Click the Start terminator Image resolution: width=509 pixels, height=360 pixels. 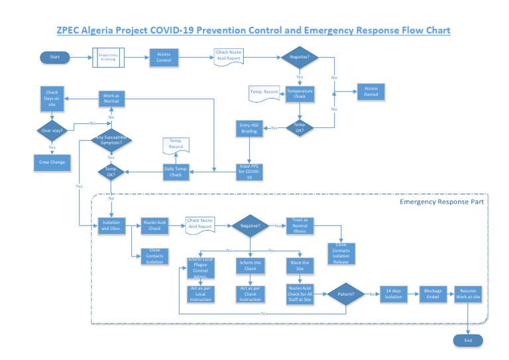click(x=55, y=58)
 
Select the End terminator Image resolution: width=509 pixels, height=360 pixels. click(x=468, y=340)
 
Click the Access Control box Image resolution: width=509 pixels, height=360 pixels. click(x=164, y=58)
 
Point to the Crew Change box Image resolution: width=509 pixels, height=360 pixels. click(x=52, y=162)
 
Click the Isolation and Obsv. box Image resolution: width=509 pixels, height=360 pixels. click(x=111, y=225)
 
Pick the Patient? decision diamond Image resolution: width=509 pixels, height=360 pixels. click(x=346, y=293)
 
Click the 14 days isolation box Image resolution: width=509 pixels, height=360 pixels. click(x=393, y=293)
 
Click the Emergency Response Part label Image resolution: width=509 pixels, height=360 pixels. click(x=441, y=201)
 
